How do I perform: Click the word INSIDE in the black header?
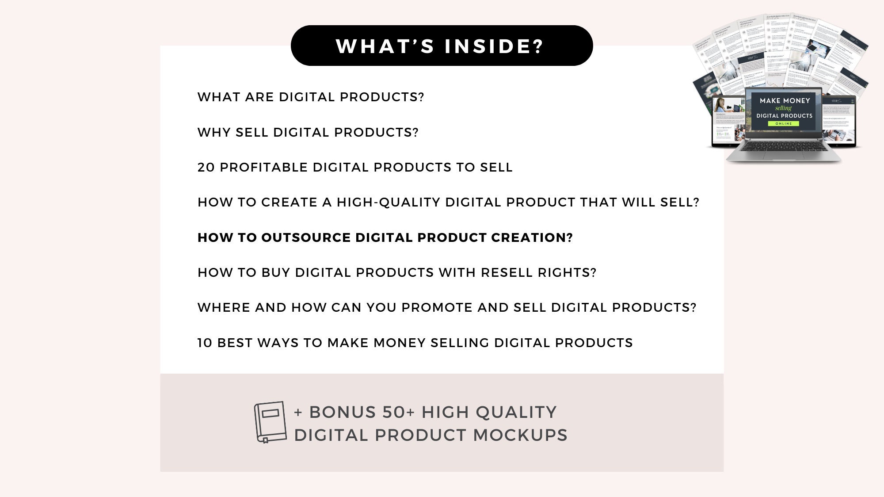(x=494, y=46)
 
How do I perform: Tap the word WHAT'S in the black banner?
(x=385, y=46)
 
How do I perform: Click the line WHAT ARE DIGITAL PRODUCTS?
(x=311, y=97)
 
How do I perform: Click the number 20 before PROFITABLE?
(x=206, y=167)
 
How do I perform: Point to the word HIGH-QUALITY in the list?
(x=389, y=202)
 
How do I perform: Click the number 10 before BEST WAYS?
(x=205, y=343)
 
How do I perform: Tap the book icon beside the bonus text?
(x=270, y=422)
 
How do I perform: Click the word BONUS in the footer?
(x=342, y=412)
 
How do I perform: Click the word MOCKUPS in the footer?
(x=520, y=435)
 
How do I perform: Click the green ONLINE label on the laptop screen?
(x=784, y=124)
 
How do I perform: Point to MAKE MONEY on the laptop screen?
(x=785, y=101)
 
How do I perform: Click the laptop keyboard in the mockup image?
(x=783, y=147)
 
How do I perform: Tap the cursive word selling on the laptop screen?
(x=783, y=108)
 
